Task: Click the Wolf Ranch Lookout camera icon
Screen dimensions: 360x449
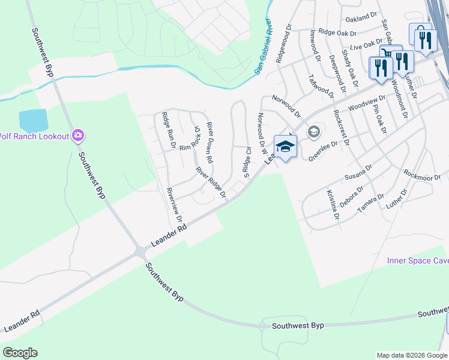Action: (x=77, y=136)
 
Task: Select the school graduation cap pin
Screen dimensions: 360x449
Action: (x=285, y=146)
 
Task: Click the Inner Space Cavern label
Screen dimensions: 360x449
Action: (x=417, y=261)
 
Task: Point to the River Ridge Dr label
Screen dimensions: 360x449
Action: (x=210, y=182)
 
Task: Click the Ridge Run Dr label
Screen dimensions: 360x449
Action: (x=167, y=130)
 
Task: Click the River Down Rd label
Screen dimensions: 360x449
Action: (x=209, y=143)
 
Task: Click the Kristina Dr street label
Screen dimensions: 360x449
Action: (x=332, y=205)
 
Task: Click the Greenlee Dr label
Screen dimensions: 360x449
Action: (x=324, y=151)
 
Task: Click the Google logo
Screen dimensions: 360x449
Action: (x=20, y=353)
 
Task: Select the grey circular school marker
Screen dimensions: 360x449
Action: (x=313, y=131)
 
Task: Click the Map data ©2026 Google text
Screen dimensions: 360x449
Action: (x=412, y=355)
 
